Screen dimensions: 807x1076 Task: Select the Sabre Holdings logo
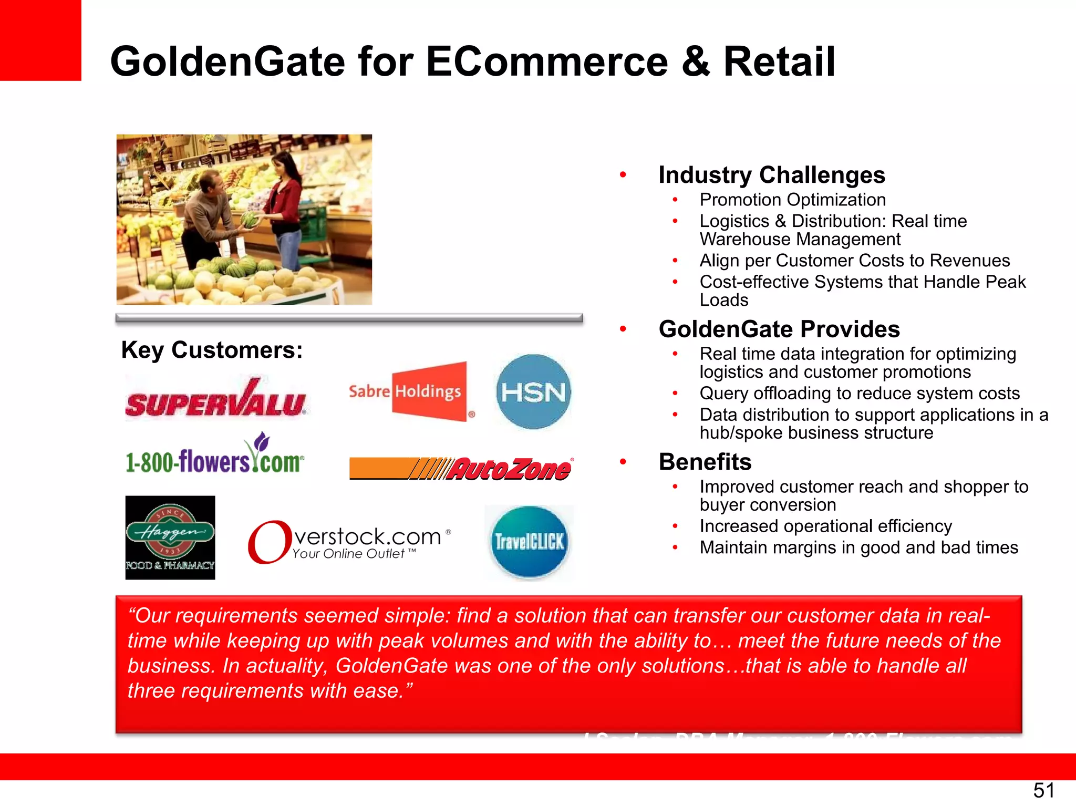click(411, 391)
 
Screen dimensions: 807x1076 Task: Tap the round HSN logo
click(533, 391)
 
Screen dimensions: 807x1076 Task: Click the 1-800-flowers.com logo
click(214, 456)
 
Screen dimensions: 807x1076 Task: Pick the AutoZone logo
click(461, 468)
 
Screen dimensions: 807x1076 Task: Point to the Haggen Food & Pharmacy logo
click(170, 537)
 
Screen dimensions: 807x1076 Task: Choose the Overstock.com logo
click(349, 542)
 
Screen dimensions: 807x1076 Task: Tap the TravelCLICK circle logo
click(529, 542)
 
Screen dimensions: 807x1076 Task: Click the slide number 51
click(1043, 790)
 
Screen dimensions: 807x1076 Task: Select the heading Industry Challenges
click(771, 175)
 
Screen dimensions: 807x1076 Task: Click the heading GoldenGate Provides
click(779, 329)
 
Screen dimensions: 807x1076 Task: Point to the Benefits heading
click(705, 462)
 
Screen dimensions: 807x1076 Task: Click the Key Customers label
click(212, 350)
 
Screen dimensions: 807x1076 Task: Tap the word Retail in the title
click(779, 61)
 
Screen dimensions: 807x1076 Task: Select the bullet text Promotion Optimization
click(792, 200)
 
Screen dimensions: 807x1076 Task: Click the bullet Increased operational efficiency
click(825, 526)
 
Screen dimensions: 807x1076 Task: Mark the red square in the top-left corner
click(40, 40)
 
